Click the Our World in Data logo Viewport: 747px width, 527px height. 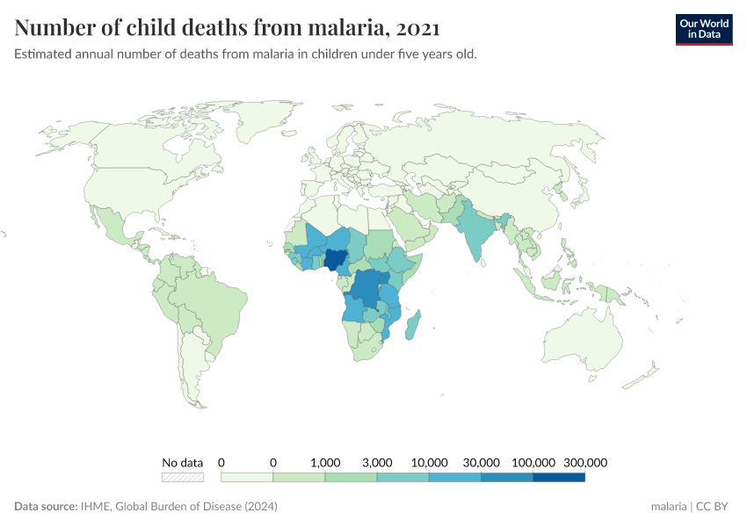click(703, 29)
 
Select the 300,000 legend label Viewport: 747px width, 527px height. click(584, 462)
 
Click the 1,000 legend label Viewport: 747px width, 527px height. click(325, 462)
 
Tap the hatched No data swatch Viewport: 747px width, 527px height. click(182, 477)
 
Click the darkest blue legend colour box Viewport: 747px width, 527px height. click(558, 477)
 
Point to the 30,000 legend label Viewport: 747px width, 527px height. click(482, 462)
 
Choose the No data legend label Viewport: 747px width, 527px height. click(182, 462)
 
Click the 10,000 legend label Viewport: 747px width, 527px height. click(429, 462)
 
